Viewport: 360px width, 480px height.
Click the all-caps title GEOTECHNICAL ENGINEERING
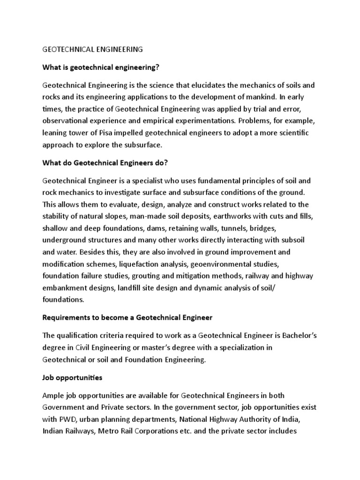(x=92, y=49)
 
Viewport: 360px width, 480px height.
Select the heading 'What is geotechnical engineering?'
(x=101, y=67)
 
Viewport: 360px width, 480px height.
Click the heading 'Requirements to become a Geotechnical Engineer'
(x=127, y=317)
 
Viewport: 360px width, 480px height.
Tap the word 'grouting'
(x=148, y=275)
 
